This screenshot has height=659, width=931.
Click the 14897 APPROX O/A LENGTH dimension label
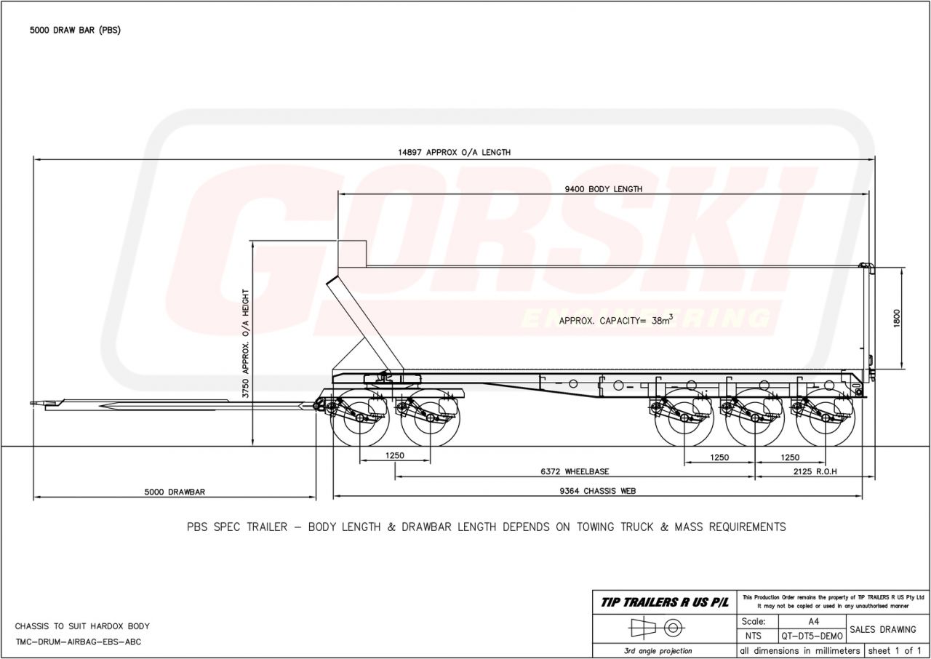pyautogui.click(x=455, y=153)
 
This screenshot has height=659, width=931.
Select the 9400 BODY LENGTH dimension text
pyautogui.click(x=604, y=189)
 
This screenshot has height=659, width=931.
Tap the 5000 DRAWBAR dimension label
pyautogui.click(x=175, y=492)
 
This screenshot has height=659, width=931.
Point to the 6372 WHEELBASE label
pyautogui.click(x=575, y=471)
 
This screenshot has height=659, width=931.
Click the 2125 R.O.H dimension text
pyautogui.click(x=815, y=471)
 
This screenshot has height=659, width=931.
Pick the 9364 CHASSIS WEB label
pyautogui.click(x=598, y=491)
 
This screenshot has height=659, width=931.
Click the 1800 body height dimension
pyautogui.click(x=897, y=319)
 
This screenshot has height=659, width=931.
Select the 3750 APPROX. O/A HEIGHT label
pyautogui.click(x=246, y=343)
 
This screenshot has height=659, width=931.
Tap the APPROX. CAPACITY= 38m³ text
pyautogui.click(x=615, y=320)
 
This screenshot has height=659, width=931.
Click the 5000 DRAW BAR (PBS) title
pyautogui.click(x=75, y=31)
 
